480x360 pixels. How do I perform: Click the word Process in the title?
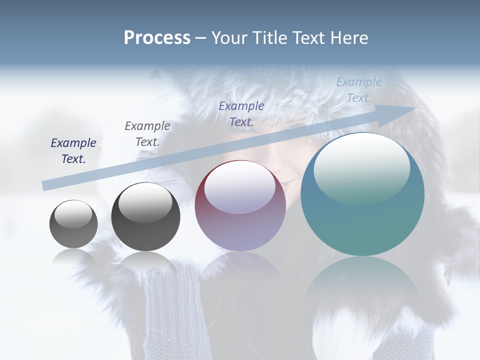157,38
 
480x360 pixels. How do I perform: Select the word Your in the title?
228,38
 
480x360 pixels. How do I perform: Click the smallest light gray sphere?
73,224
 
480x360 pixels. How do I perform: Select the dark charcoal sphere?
145,217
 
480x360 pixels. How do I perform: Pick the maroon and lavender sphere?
240,206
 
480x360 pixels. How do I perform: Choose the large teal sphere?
362,194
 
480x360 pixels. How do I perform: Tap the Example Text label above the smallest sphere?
73,150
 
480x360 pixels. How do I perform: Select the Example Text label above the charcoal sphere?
147,133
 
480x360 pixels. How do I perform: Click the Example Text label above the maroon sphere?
241,113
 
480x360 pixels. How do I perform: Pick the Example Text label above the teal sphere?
359,89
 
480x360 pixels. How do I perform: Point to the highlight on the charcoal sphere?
145,202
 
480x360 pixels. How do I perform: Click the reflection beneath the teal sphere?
362,280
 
